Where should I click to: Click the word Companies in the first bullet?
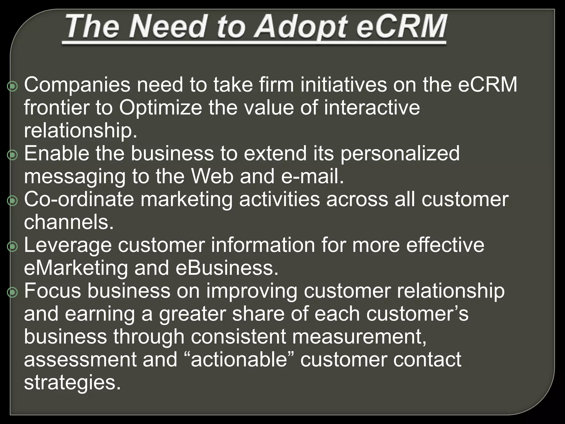pos(77,85)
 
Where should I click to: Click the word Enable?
pos(57,153)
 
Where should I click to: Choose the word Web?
pos(212,177)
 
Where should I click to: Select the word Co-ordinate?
pos(79,200)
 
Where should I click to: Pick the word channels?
pos(69,222)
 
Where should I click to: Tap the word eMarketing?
pos(76,268)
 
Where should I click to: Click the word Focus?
pos(53,291)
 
